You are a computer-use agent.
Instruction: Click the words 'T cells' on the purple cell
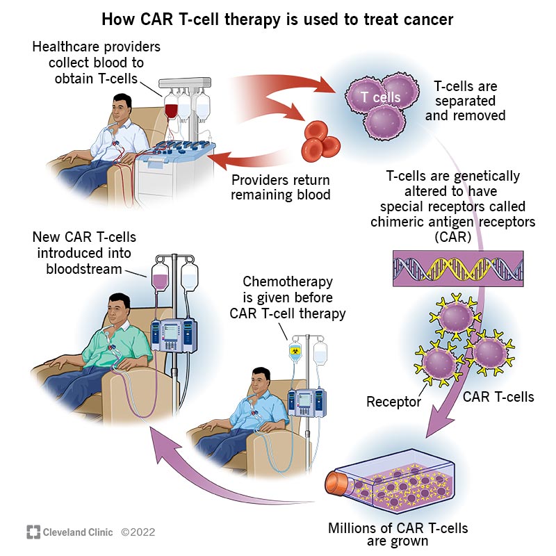381,97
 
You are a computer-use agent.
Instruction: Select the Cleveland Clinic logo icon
33,532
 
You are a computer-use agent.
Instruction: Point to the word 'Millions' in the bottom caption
354,528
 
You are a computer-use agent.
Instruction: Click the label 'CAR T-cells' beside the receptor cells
498,397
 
